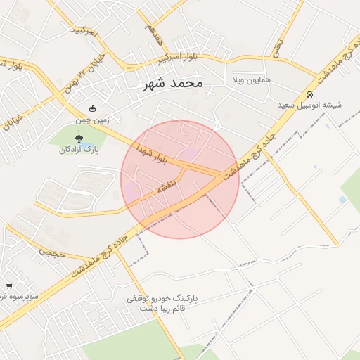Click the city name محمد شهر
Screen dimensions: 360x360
pyautogui.click(x=172, y=83)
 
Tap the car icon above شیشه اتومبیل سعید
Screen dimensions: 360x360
pyautogui.click(x=309, y=94)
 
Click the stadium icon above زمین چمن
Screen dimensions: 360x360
pyautogui.click(x=93, y=108)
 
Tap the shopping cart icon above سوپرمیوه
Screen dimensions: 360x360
pyautogui.click(x=8, y=285)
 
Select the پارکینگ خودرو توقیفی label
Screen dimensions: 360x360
pyautogui.click(x=162, y=298)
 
